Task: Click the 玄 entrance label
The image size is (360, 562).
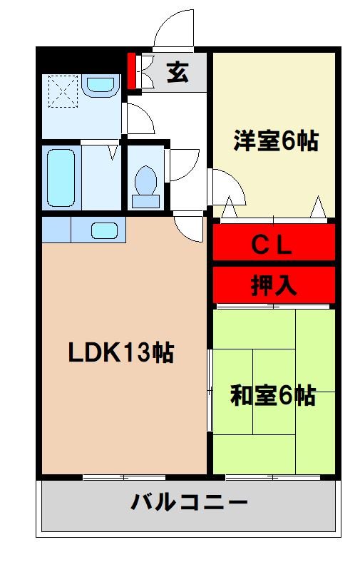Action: click(178, 72)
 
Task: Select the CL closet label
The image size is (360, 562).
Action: click(272, 245)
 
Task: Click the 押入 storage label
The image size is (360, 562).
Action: click(273, 285)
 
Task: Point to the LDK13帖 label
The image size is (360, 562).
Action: click(121, 352)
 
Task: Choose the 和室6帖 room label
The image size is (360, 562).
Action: click(272, 394)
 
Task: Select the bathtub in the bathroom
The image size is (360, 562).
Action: click(61, 178)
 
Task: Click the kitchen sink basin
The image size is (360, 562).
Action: click(104, 230)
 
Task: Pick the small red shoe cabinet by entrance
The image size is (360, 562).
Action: click(131, 71)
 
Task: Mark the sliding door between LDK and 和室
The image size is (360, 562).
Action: click(210, 391)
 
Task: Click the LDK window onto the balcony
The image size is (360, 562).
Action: click(125, 476)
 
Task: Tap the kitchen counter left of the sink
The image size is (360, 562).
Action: click(56, 230)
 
